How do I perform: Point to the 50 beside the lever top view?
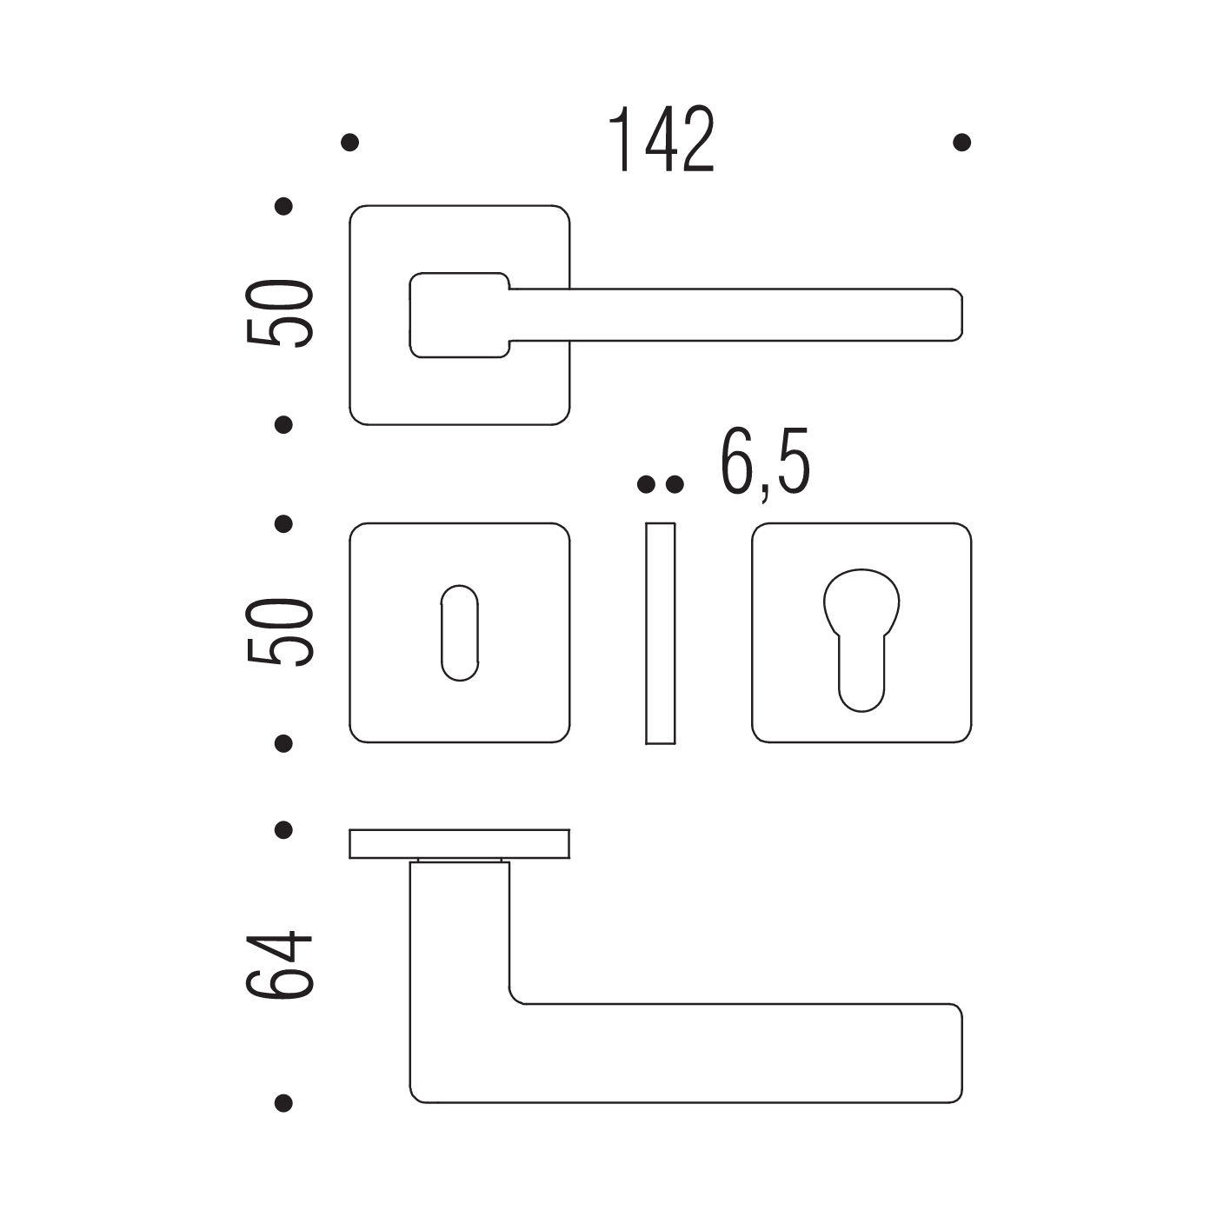point(279,313)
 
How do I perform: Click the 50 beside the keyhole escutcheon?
point(279,632)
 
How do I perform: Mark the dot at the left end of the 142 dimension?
point(349,142)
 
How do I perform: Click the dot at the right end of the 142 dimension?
point(961,142)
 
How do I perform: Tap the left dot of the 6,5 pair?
point(646,485)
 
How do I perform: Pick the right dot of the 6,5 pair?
point(675,485)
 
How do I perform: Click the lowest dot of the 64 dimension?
point(283,1103)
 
